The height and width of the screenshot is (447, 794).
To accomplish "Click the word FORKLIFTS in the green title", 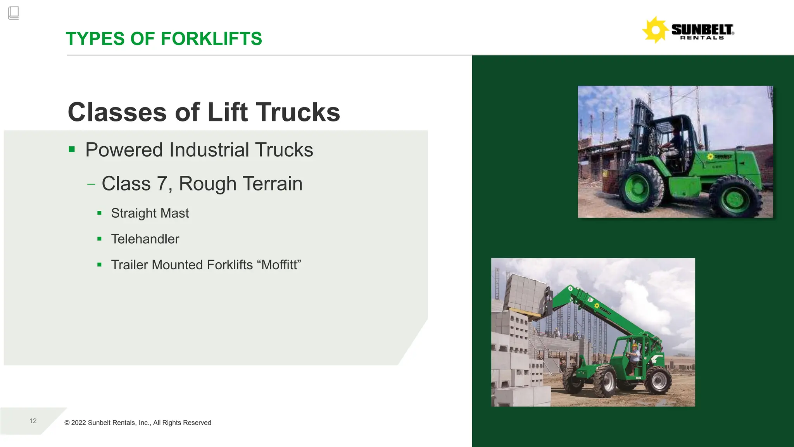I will coord(211,39).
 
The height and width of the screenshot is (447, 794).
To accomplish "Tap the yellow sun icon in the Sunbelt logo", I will coord(655,30).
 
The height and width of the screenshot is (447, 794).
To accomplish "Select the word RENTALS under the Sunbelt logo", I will coord(702,38).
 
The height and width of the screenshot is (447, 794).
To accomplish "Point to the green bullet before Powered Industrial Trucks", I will coord(72,149).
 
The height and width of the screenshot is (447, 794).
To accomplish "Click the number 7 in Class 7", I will coord(162,184).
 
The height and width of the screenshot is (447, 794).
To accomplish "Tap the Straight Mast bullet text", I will coord(150,213).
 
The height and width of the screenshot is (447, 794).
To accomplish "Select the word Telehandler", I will coord(145,239).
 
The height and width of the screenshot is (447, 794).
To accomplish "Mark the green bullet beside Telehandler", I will coord(100,239).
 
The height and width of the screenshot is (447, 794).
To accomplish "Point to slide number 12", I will coord(33,421).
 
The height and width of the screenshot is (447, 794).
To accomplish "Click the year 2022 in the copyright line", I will coord(78,423).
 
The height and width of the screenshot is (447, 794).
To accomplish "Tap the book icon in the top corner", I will coord(13,13).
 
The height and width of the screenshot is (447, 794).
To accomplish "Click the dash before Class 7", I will coord(91,184).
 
